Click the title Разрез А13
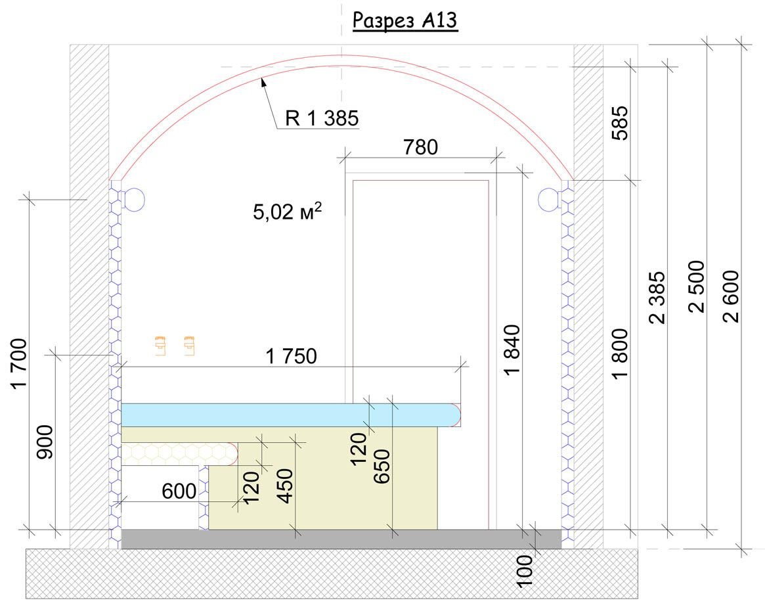point(405,21)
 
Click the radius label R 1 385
point(322,118)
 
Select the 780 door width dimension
point(420,147)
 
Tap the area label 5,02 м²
point(288,212)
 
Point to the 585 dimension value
point(620,123)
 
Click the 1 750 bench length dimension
point(292,356)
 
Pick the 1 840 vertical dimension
point(512,350)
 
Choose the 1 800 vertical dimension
point(620,354)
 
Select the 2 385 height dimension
point(657,298)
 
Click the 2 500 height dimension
point(696,286)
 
